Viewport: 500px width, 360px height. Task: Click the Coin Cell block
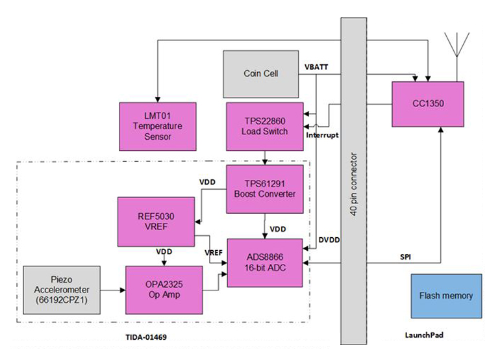tap(260, 73)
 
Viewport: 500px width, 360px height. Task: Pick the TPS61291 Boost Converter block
tap(264, 188)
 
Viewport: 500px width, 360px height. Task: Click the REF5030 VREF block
tap(156, 222)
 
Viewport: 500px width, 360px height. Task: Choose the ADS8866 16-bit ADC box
tap(264, 262)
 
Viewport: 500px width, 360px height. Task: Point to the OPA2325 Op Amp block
tap(164, 288)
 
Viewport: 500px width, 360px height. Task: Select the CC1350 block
tap(427, 104)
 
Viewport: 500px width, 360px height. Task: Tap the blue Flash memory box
tap(446, 296)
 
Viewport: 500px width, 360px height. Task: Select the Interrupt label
tap(323, 135)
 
